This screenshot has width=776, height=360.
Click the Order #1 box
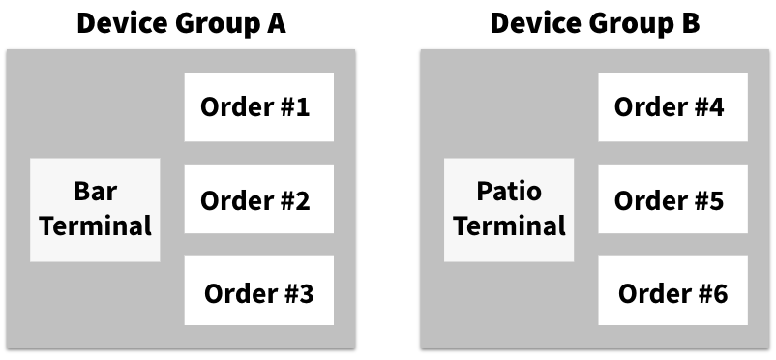259,106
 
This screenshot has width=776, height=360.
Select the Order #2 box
259,199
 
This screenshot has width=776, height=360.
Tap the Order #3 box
259,291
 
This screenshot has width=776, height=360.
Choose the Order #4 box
673,106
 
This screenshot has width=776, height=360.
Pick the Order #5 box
673,199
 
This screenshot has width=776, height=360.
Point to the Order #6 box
673,291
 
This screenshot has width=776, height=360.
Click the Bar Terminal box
95,210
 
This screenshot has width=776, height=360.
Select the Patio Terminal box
509,210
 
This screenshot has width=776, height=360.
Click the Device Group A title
181,22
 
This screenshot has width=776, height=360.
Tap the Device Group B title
595,22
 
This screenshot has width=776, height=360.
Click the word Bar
95,192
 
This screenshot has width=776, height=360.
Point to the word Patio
509,192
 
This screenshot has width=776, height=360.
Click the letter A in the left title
276,22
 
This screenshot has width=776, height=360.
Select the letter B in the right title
690,22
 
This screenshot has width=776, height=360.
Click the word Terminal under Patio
509,226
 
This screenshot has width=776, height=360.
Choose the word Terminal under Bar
95,226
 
